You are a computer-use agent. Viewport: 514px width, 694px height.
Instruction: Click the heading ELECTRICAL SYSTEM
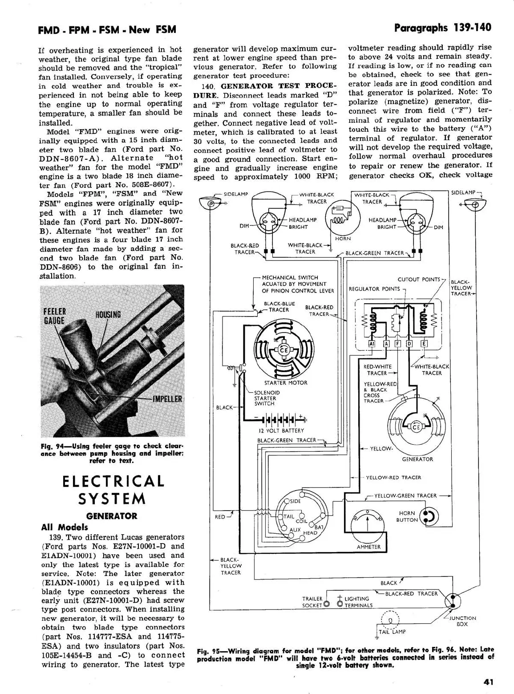pos(113,489)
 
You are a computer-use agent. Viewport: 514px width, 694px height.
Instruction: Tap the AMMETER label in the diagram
pos(368,547)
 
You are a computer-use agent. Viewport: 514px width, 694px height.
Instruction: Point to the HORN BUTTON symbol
pos(430,516)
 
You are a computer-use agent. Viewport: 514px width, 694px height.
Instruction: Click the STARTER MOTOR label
pos(285,383)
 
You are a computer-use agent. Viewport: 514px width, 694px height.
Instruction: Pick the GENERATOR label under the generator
pos(417,459)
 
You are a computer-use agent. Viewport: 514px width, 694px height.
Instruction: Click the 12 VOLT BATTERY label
pos(281,430)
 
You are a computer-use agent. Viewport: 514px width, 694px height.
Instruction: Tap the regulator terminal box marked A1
pos(372,344)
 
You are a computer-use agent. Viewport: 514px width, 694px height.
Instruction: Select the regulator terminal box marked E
pos(424,344)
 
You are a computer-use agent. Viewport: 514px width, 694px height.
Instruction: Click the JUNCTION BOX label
pos(462,621)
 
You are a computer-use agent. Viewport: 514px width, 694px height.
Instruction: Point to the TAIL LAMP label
pos(392,631)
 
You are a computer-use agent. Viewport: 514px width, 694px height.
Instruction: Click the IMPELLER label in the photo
pos(167,399)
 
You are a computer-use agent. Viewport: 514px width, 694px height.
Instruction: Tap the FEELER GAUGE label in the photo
pos(54,316)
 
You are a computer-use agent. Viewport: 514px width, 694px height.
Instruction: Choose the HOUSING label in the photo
pos(108,315)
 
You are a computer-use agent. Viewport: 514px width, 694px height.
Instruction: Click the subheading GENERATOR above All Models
pos(112,516)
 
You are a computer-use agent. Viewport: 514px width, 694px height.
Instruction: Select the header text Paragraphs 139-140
pos(443,28)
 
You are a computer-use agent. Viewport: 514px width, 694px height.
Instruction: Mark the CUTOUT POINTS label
pos(418,280)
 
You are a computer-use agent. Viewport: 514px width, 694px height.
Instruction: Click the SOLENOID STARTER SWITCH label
pos(267,398)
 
